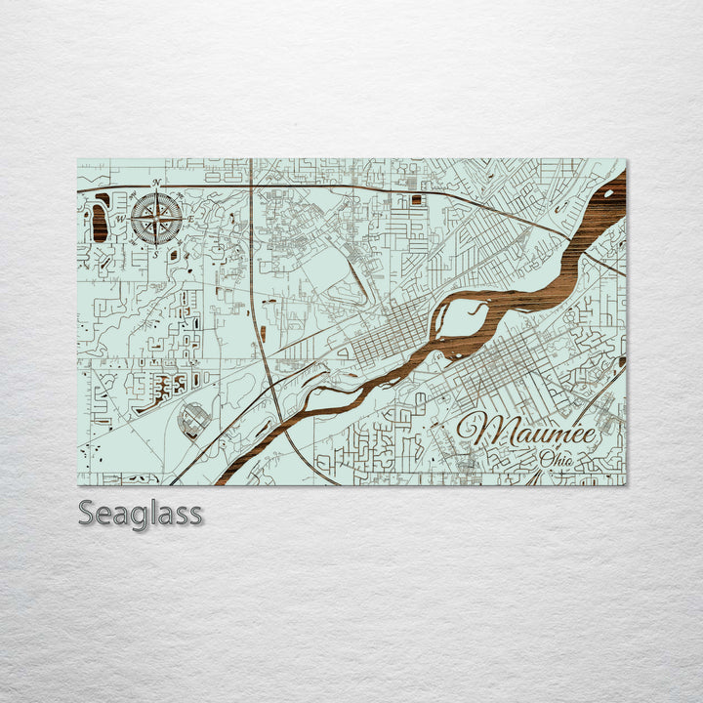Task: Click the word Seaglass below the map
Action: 141,513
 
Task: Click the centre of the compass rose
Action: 156,218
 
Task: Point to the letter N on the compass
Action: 156,184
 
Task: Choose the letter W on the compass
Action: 122,219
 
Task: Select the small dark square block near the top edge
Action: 418,199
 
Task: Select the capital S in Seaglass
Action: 86,512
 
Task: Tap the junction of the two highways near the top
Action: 251,185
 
